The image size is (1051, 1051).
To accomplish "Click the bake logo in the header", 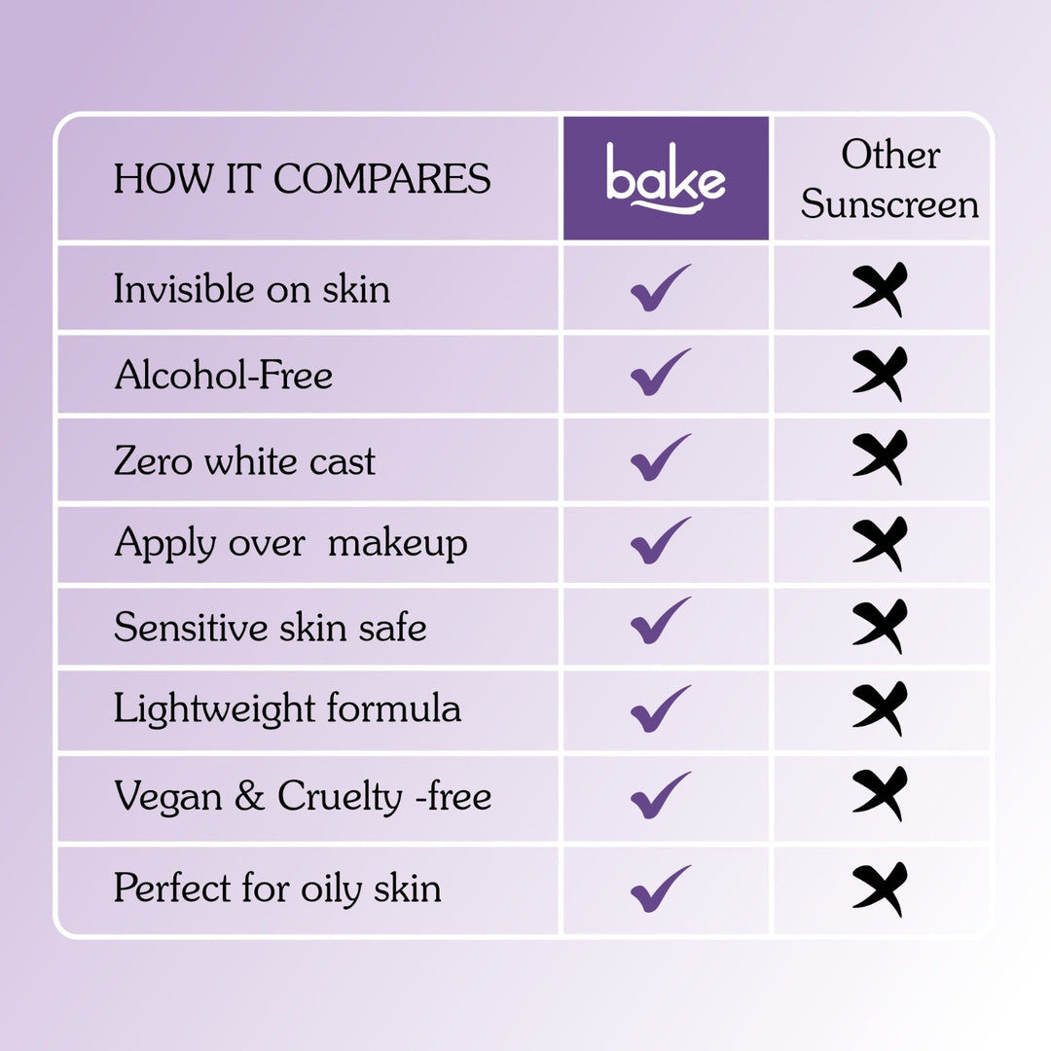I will pos(666,177).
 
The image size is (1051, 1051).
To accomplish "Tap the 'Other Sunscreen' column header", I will pos(889,180).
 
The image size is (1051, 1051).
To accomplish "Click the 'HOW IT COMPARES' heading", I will pos(302,179).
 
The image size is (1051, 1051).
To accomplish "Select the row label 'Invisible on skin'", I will pos(251,289).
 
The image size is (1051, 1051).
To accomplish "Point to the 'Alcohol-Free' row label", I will pos(223,375).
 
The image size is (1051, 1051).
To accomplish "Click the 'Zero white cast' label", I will pos(244,460).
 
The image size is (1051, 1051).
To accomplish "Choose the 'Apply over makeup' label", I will pos(290,543).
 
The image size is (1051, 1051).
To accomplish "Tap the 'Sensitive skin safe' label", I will pos(270,627).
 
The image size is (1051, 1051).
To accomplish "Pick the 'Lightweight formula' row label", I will pos(287,708).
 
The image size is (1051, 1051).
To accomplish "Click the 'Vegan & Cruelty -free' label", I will pos(303,797).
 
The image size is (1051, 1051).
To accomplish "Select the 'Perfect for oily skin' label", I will pos(277,888).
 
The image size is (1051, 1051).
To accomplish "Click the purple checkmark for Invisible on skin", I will pos(661,288).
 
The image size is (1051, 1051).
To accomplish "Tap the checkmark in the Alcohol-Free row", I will pos(661,373).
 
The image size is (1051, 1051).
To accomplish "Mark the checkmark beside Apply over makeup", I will pos(661,541).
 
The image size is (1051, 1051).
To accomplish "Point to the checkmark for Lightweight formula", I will pos(661,709).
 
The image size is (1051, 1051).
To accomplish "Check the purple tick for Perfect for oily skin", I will pos(661,888).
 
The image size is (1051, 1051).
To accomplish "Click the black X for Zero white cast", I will pos(880,457).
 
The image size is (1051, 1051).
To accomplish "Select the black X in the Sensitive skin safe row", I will pos(880,627).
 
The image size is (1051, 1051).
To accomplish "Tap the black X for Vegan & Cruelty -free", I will pos(880,794).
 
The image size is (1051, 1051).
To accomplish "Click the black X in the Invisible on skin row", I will pos(880,289).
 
